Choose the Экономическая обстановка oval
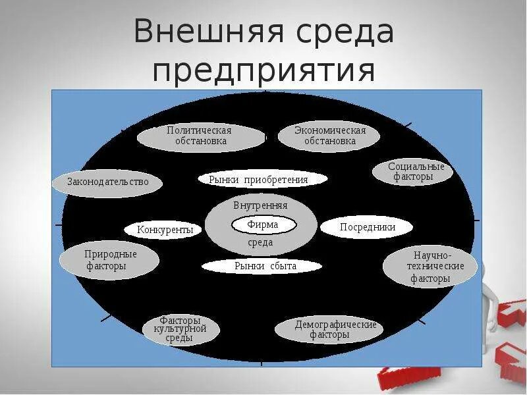click(329, 136)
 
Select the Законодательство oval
click(108, 182)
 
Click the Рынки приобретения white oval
click(263, 179)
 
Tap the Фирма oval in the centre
click(263, 224)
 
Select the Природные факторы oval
click(109, 260)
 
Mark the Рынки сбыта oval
click(262, 266)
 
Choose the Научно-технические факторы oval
click(431, 267)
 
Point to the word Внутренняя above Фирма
click(260, 205)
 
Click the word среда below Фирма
click(260, 243)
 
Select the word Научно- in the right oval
click(433, 255)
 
